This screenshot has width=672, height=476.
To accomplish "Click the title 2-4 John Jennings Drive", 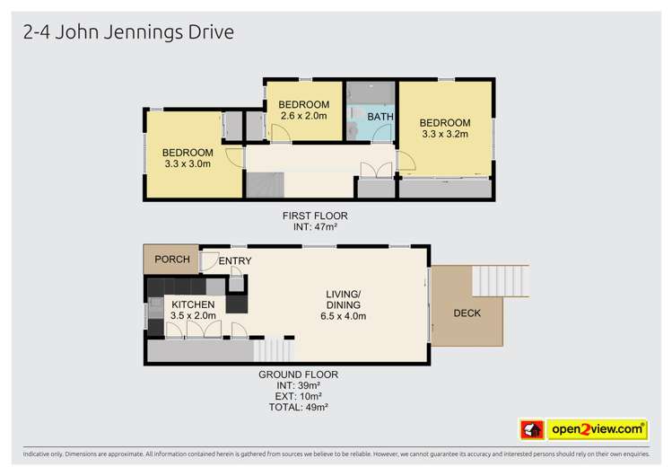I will (127, 33).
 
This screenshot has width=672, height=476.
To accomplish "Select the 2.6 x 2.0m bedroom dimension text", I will (304, 116).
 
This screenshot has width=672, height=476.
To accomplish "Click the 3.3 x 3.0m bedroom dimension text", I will (188, 163).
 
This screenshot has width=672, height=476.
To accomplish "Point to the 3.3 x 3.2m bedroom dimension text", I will (444, 135).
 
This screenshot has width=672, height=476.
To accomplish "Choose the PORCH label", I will (172, 260).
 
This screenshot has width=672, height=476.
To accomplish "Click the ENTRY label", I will (234, 261).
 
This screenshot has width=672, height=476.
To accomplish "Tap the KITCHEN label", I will (193, 304).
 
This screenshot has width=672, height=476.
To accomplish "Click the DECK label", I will (467, 313).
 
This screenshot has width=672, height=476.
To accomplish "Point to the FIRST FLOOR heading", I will (314, 216).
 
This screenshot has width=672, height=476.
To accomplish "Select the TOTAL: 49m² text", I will (299, 407).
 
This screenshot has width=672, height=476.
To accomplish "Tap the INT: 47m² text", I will (315, 226).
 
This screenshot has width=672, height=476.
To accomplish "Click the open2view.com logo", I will (597, 429).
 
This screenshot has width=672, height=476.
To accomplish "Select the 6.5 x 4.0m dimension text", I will (342, 315).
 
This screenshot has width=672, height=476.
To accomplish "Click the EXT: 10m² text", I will (299, 396).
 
